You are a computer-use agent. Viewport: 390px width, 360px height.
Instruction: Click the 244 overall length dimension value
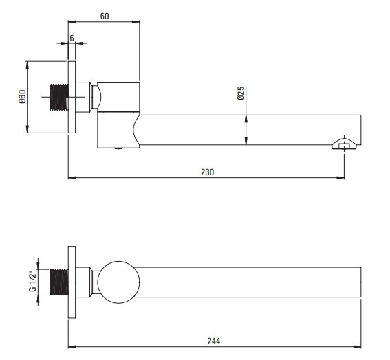click(214, 341)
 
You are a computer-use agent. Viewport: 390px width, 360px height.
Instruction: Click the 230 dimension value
click(208, 172)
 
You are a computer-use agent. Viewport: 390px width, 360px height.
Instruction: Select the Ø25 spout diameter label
click(241, 93)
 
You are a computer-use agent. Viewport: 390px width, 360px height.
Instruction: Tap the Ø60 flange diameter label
click(22, 97)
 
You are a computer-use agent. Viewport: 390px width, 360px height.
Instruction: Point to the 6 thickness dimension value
click(72, 38)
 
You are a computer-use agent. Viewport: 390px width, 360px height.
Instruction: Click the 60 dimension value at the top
click(105, 16)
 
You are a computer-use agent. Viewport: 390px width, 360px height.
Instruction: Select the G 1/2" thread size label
click(32, 282)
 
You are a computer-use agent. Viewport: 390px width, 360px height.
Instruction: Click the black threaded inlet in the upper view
click(59, 97)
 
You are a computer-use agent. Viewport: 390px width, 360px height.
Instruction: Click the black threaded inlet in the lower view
click(59, 282)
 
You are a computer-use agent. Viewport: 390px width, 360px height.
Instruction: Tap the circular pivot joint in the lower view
click(118, 282)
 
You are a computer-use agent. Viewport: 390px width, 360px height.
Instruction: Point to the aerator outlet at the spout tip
click(344, 144)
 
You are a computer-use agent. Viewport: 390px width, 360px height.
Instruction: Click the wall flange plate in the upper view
click(72, 97)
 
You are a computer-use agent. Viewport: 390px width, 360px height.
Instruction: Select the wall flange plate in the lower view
click(72, 282)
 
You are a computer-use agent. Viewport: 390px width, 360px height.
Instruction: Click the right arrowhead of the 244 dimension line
click(357, 347)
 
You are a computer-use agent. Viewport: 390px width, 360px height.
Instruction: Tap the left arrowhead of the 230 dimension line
click(72, 178)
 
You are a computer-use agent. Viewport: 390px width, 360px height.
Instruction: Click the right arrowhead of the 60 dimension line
click(136, 22)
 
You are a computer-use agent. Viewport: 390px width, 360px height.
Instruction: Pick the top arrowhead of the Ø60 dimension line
click(28, 65)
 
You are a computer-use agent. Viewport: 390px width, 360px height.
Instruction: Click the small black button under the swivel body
click(118, 148)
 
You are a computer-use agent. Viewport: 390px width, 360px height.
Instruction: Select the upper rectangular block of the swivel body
click(118, 97)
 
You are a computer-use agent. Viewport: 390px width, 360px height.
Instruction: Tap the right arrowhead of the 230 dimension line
click(340, 178)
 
